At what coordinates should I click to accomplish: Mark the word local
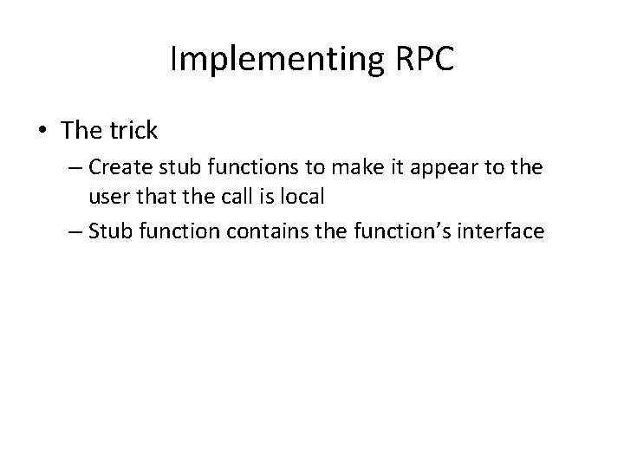[300, 197]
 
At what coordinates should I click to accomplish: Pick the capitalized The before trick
[81, 131]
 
